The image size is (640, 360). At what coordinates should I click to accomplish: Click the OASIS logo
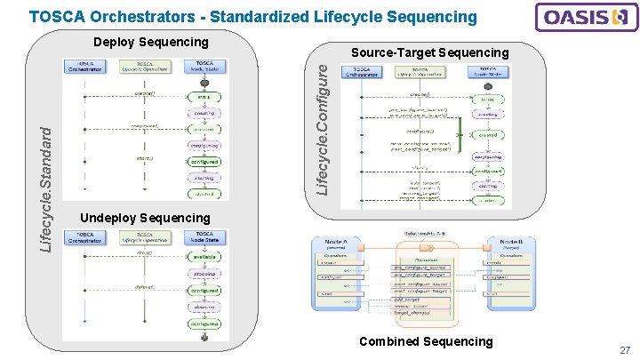click(584, 18)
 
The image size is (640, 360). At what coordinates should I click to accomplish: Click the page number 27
click(625, 351)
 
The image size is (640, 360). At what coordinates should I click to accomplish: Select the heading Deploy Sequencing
click(150, 42)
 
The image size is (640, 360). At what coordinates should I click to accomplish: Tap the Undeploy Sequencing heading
click(145, 218)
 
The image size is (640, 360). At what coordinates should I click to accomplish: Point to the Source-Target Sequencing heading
click(429, 53)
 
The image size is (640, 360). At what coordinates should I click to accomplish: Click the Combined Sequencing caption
click(425, 341)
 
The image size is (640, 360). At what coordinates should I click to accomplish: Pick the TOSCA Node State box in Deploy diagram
click(204, 67)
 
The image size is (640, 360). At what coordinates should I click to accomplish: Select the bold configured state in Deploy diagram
click(204, 163)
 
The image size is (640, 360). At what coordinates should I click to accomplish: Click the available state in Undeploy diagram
click(204, 258)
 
